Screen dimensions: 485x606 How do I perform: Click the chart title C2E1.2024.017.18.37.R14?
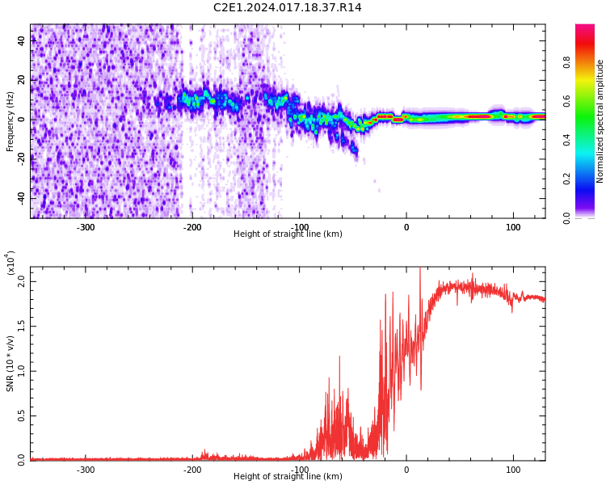coord(287,8)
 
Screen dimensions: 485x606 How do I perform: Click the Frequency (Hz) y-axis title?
coord(11,121)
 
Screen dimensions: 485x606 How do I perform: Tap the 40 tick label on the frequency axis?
coord(21,40)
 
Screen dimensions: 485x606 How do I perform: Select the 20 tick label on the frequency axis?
coord(21,80)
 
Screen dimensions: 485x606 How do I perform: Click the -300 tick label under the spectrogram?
coord(85,227)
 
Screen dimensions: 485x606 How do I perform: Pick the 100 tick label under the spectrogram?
coord(513,227)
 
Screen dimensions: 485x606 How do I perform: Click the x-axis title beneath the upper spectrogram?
coord(288,234)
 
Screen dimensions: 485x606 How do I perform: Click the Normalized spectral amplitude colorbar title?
coord(600,121)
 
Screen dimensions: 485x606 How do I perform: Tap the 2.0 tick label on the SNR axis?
coord(21,283)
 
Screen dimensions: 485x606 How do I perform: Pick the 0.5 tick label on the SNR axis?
coord(21,416)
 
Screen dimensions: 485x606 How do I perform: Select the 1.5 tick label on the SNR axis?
coord(21,327)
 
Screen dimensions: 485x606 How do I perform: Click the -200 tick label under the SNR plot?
coord(191,470)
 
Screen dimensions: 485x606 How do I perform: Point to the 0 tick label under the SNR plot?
coord(406,470)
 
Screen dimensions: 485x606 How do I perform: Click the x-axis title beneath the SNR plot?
coord(288,477)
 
